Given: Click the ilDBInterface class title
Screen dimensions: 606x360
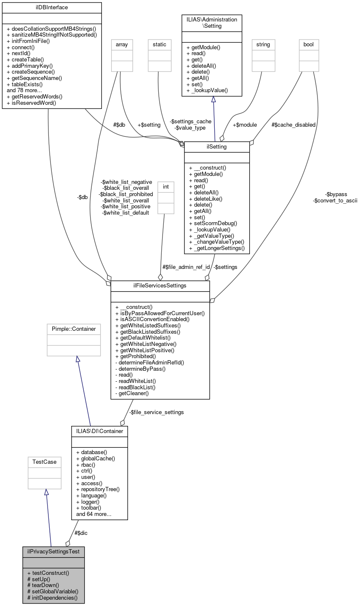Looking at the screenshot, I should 52,8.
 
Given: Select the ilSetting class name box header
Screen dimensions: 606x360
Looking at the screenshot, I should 217,147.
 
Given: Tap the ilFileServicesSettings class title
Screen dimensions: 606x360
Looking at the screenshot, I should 160,286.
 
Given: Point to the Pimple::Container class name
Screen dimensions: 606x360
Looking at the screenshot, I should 74,329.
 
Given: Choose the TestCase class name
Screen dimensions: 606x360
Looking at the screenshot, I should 45,462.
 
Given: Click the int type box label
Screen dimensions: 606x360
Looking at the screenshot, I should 166,186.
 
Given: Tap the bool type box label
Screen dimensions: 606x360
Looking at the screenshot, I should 309,44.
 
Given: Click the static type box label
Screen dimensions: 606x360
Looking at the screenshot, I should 160,44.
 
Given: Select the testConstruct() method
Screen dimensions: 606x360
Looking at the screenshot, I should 48,573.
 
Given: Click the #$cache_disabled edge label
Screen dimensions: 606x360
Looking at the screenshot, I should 293,125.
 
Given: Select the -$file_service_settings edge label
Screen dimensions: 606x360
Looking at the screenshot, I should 156,412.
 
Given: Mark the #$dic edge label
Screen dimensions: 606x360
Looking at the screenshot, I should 81,533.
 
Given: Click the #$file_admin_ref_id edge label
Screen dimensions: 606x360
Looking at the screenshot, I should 186,267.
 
